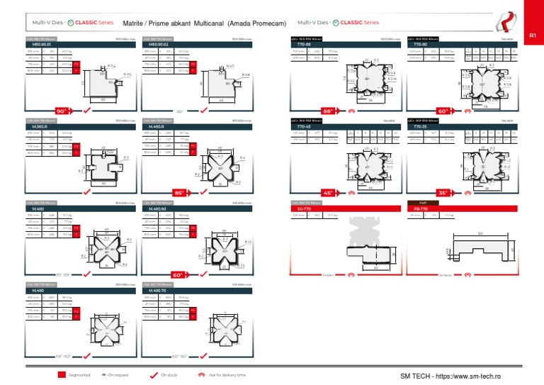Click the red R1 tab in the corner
click(533, 34)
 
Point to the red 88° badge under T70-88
click(328, 111)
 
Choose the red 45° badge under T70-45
click(328, 192)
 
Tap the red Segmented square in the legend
click(62, 374)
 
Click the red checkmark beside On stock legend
click(154, 374)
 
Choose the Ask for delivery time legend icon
click(202, 374)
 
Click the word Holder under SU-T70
click(327, 274)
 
